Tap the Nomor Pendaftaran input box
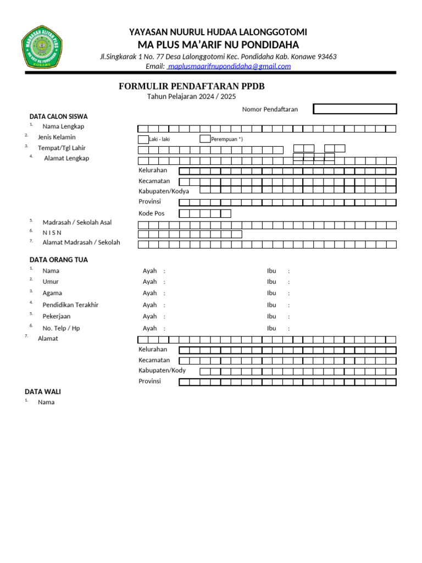pyautogui.click(x=354, y=109)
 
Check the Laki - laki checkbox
pyautogui.click(x=143, y=139)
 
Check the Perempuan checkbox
pyautogui.click(x=205, y=139)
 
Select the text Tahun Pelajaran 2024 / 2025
pyautogui.click(x=191, y=97)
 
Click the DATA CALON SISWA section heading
pyautogui.click(x=58, y=117)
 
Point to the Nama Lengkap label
pyautogui.click(x=63, y=126)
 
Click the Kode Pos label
pyautogui.click(x=151, y=213)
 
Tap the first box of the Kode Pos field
pyautogui.click(x=185, y=213)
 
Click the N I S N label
pyautogui.click(x=52, y=233)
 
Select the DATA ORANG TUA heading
pyautogui.click(x=58, y=260)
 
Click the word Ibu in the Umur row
pyautogui.click(x=271, y=281)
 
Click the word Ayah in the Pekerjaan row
pyautogui.click(x=149, y=316)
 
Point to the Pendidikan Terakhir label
pyautogui.click(x=70, y=305)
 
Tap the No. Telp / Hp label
pyautogui.click(x=61, y=328)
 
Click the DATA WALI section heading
pyautogui.click(x=43, y=391)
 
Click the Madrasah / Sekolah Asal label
pyautogui.click(x=77, y=223)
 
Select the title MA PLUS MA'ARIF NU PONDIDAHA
pyautogui.click(x=218, y=45)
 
